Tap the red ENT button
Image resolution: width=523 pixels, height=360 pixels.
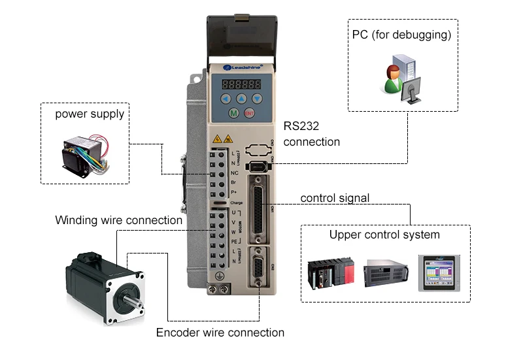[x=249, y=114]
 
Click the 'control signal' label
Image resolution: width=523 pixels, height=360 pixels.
[x=335, y=198]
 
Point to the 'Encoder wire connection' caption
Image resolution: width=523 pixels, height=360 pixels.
[x=220, y=333]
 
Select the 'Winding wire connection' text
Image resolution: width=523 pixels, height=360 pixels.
[x=118, y=220]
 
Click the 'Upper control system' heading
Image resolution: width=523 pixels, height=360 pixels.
[x=384, y=235]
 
